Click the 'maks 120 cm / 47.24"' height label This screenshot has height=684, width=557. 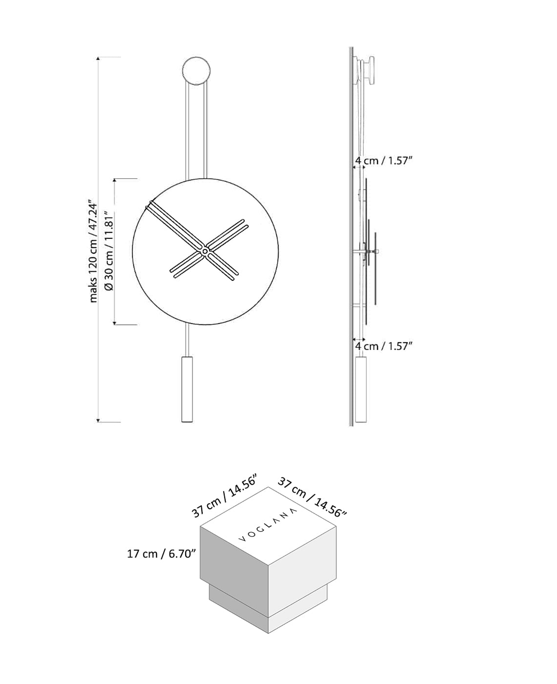(93, 251)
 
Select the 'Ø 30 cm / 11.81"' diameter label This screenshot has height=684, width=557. (109, 251)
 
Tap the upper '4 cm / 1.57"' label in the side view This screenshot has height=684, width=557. (384, 161)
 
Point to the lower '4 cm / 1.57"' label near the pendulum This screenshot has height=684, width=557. (384, 346)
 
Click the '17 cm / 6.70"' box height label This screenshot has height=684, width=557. (161, 554)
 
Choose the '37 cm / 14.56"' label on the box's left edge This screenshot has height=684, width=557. (224, 495)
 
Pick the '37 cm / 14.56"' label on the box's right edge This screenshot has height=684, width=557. (312, 496)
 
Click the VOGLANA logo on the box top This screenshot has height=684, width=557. (268, 524)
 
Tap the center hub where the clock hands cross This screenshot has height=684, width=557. (205, 251)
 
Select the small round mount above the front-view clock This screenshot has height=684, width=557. (197, 70)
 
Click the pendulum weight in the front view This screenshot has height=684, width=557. (187, 389)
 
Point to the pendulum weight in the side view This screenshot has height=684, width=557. (361, 389)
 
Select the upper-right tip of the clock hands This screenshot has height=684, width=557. (244, 223)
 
